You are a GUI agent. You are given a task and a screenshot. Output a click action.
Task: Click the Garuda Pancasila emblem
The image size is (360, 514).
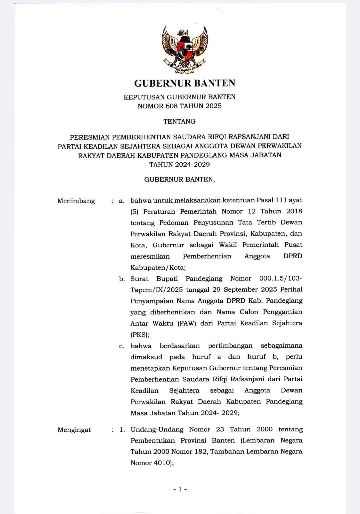click(185, 49)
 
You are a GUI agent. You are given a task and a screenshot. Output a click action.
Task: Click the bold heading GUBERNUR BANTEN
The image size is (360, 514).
click(185, 83)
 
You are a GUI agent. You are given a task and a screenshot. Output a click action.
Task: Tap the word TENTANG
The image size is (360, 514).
click(179, 121)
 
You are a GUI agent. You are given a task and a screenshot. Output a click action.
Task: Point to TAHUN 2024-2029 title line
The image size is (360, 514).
click(179, 164)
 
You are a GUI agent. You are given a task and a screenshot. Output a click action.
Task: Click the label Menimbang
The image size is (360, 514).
click(76, 201)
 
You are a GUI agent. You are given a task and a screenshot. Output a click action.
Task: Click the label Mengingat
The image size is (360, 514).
click(74, 430)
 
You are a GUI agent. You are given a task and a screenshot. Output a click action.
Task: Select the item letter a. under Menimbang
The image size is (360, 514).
click(122, 201)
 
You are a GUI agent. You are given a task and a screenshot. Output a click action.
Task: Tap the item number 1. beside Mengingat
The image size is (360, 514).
click(122, 430)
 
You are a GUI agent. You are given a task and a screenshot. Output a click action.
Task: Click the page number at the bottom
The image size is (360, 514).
click(180, 489)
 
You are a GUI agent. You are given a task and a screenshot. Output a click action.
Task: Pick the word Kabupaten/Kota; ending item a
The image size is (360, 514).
click(158, 267)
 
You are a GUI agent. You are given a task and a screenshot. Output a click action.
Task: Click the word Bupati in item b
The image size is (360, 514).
click(167, 279)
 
